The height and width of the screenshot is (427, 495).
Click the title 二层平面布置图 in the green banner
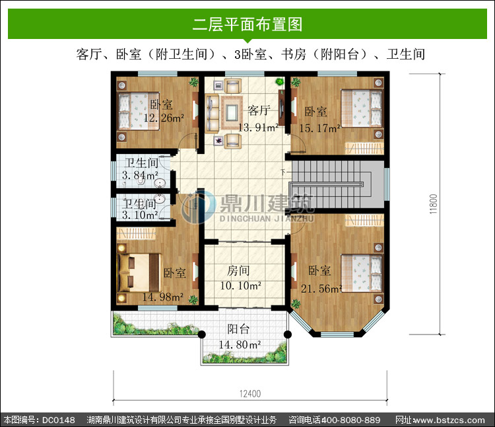(x=247, y=24)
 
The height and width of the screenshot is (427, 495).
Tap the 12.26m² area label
(x=164, y=118)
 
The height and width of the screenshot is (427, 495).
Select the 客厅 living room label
(x=259, y=110)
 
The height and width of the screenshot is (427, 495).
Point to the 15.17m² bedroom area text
(x=319, y=128)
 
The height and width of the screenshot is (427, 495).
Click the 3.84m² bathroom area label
(x=140, y=175)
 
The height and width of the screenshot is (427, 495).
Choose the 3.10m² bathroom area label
(x=140, y=215)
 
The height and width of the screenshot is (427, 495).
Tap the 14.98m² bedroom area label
(x=163, y=297)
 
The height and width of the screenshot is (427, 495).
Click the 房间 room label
(x=238, y=270)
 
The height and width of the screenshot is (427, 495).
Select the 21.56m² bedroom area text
(x=321, y=289)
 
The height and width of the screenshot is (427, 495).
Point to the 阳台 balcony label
(x=239, y=329)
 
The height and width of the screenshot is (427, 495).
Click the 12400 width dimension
(x=250, y=394)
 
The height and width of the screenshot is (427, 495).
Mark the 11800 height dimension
(x=434, y=204)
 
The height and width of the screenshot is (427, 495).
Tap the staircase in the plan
(x=337, y=184)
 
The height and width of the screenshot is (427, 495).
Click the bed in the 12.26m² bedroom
(x=139, y=111)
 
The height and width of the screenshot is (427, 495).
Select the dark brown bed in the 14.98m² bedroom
(x=139, y=273)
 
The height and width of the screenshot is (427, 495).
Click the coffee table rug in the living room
(x=232, y=113)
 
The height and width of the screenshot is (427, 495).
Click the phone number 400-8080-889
(x=350, y=420)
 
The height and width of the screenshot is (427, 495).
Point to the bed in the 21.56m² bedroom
(x=362, y=274)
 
